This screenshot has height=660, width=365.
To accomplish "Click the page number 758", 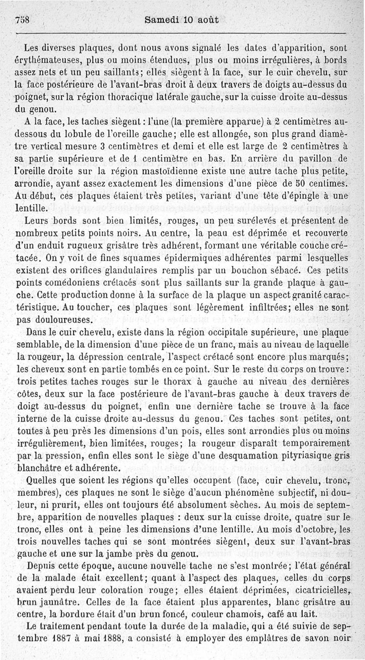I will click(22, 20).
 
